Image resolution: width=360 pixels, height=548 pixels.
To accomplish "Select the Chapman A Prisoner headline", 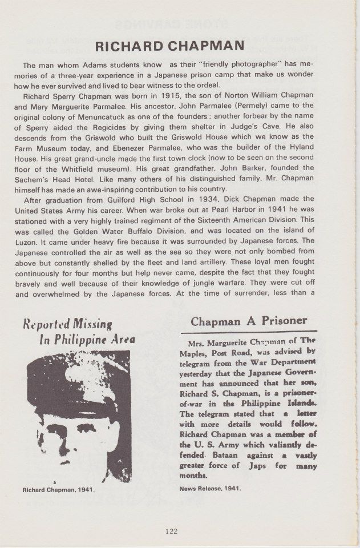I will click(249, 321).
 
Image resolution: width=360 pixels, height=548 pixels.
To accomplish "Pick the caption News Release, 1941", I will click(211, 489).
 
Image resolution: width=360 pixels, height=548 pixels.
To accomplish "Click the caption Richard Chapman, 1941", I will click(58, 490).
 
